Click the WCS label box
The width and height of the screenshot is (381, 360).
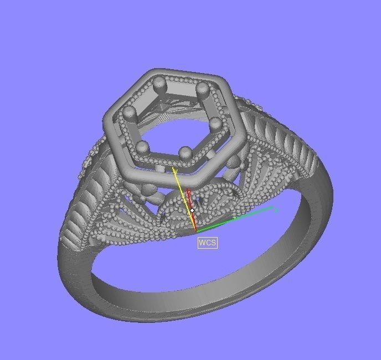[208, 243]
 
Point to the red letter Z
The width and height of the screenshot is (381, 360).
[189, 193]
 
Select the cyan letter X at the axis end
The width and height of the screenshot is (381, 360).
[276, 210]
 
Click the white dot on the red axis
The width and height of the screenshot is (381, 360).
[192, 210]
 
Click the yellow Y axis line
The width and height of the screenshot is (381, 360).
[184, 199]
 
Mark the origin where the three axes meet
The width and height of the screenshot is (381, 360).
[196, 230]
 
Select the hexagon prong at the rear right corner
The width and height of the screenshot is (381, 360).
[202, 90]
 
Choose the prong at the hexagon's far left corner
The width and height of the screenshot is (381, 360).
[130, 112]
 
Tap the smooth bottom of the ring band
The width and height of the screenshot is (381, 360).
[166, 310]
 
